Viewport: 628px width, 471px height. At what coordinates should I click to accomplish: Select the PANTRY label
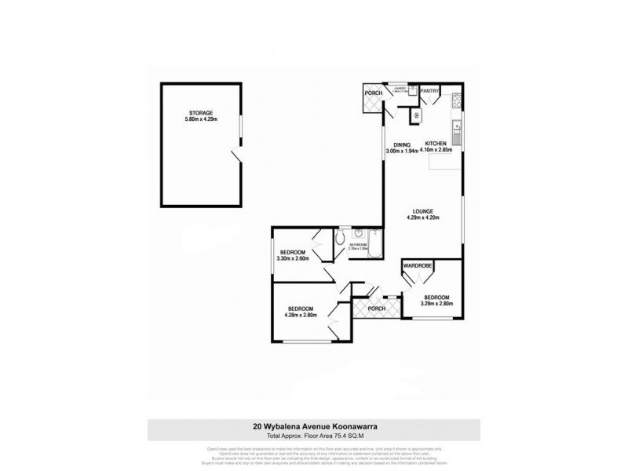pos(430,91)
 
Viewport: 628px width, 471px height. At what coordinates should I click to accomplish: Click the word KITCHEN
pos(436,144)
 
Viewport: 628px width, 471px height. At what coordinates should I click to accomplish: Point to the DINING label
pos(403,144)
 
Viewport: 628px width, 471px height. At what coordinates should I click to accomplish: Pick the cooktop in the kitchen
pos(455,100)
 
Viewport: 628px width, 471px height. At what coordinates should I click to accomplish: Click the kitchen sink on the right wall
pos(456,126)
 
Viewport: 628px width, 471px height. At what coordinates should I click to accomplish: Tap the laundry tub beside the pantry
pos(416,115)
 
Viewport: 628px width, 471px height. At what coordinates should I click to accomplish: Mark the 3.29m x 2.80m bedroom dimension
pos(438,304)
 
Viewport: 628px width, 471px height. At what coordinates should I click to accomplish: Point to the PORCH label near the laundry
pos(374,93)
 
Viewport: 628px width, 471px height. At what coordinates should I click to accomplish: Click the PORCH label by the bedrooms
pos(377,308)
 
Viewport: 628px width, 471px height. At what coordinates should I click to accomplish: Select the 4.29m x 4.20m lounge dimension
pos(424,219)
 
